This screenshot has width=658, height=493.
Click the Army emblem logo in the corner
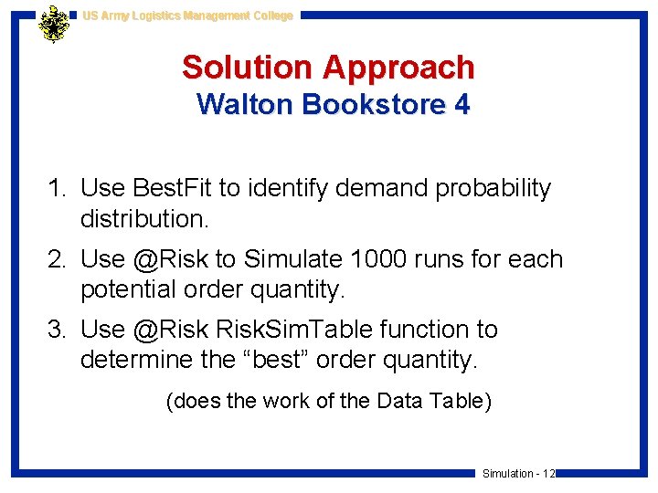(x=54, y=25)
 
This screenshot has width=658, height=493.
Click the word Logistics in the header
(x=150, y=16)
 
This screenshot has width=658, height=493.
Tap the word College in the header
(x=271, y=16)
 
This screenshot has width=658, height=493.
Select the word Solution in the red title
(x=247, y=68)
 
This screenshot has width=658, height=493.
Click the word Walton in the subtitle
(x=243, y=105)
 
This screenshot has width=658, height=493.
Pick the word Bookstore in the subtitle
(x=375, y=105)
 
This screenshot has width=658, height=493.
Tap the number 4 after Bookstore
(x=462, y=105)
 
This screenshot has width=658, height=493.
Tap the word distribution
(x=142, y=220)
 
